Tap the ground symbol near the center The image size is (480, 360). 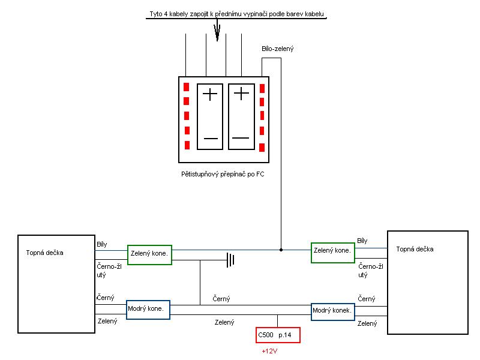point(229,260)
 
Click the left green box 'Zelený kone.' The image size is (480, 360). point(148,253)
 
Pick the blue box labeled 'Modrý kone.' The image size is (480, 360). point(148,310)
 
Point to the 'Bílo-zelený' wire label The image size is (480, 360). point(277,49)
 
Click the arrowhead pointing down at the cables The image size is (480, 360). point(217,34)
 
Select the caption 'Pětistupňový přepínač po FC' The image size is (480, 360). point(223,174)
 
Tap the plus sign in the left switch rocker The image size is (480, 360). point(209,94)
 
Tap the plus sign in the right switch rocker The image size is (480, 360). point(241,94)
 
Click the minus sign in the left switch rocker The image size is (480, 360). point(210,139)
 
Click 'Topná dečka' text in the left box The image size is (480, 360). point(44,253)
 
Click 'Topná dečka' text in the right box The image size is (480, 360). point(415,249)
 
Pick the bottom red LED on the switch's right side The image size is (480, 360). point(262,147)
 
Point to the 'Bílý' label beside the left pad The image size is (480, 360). point(102,244)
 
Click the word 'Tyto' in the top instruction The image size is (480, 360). point(156,14)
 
